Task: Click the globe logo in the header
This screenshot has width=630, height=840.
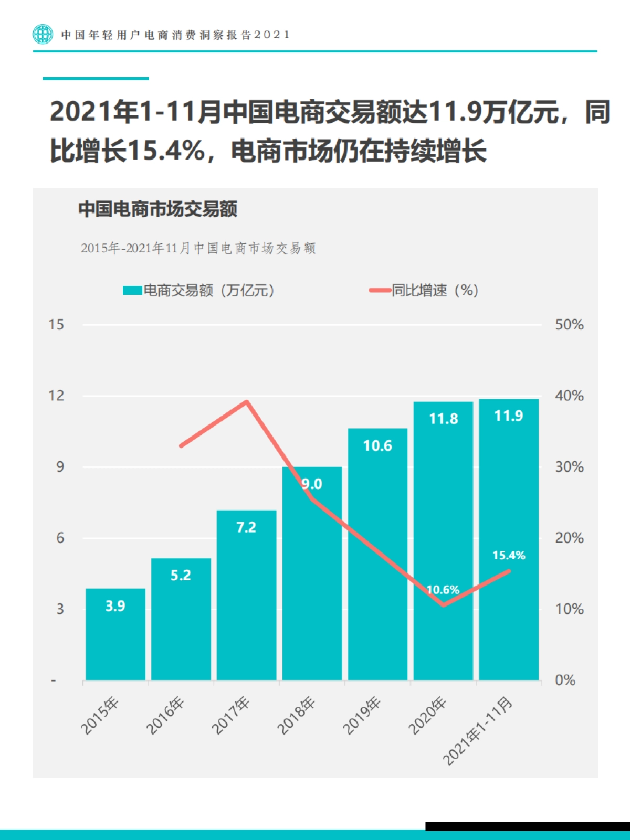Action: coord(43,34)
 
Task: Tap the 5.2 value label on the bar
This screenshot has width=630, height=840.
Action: coord(181,576)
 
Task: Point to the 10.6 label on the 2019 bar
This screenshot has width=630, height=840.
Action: coord(377,446)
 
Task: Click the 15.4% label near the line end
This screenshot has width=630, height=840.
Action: coord(508,555)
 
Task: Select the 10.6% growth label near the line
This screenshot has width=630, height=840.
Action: coord(443,590)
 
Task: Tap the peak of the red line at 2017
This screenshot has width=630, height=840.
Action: coord(247,402)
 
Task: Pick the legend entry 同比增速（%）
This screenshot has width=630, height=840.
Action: coord(424,290)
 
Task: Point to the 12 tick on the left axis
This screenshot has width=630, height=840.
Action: coord(56,396)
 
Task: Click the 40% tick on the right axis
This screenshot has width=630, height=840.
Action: coord(569,396)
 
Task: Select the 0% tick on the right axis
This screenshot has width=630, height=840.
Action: coord(565,680)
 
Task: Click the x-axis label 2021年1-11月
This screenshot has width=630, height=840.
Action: coord(477,731)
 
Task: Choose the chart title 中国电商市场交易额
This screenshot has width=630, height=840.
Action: coord(157,209)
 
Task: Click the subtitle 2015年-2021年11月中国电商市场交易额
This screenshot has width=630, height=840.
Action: coord(198,248)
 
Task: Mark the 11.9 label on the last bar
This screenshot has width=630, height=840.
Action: coord(508,416)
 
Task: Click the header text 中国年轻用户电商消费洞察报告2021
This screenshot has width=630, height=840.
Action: coord(175,35)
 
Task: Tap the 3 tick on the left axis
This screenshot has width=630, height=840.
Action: coord(60,609)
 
